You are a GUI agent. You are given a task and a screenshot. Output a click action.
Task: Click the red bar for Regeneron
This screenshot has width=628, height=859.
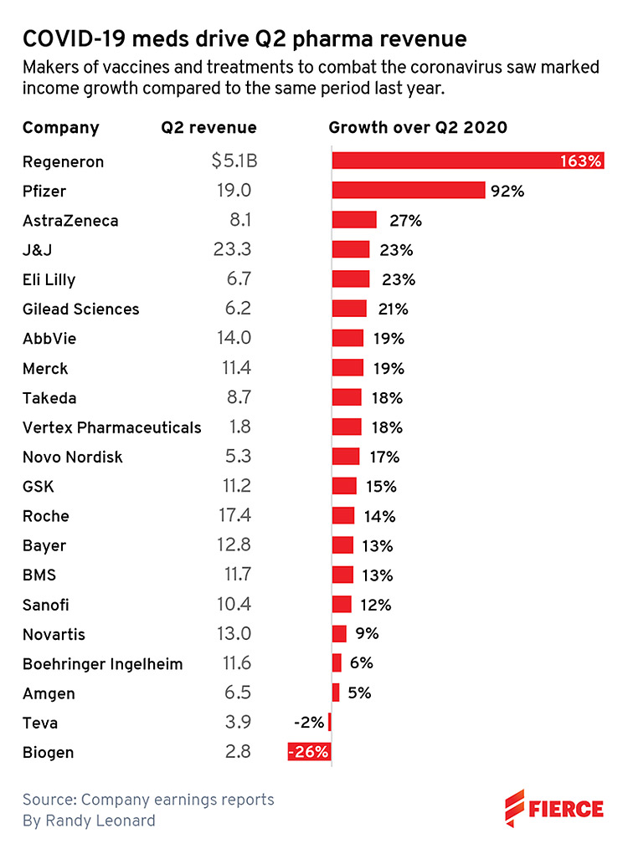coord(467,161)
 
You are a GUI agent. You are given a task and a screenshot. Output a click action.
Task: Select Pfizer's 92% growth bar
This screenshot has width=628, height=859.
coord(409,190)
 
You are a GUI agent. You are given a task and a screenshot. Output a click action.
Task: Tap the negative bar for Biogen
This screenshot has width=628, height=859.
coord(309,751)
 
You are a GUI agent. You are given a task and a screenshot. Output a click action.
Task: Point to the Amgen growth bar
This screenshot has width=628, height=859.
coord(336,692)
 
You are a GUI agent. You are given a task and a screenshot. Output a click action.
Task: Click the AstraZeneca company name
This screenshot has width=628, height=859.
coord(70,221)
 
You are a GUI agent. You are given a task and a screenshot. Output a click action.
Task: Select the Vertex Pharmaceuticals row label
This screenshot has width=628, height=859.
coord(111,427)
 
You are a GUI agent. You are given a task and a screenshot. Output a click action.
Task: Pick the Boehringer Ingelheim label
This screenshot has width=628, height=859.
coord(102,663)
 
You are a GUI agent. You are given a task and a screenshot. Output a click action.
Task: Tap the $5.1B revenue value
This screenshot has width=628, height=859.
coord(234,161)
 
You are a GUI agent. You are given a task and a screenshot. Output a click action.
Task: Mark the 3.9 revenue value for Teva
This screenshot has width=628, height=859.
coord(239,722)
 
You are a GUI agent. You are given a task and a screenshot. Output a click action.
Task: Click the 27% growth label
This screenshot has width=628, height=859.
coord(405,221)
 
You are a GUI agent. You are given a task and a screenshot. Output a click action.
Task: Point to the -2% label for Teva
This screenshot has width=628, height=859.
coord(309,722)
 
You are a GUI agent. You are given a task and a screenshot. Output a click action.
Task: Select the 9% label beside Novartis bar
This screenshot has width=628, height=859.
coord(368,633)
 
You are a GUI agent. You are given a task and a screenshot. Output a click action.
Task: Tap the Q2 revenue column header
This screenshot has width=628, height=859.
coord(208,128)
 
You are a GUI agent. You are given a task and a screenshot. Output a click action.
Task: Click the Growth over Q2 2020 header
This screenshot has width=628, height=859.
coord(418,128)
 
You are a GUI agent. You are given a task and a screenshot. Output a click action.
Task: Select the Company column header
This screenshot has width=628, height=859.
coord(60,128)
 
